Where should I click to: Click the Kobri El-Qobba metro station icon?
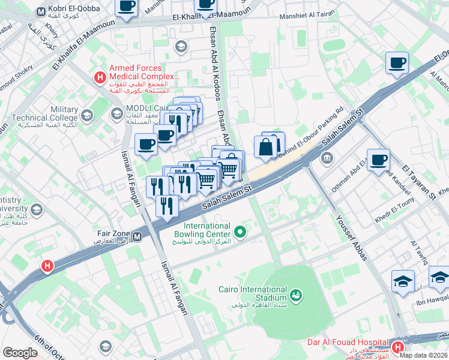[x=41, y=11]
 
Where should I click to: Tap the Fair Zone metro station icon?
[x=137, y=236]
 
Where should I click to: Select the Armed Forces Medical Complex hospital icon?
[x=100, y=77]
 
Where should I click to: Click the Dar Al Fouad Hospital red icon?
[x=397, y=346]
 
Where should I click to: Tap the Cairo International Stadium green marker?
[x=295, y=295]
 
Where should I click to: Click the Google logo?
[x=20, y=353]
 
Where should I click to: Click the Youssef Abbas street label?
[x=351, y=238]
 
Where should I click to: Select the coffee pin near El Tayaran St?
[x=378, y=160]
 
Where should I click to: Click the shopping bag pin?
[x=265, y=146]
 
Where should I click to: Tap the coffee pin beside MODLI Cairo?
[x=147, y=145]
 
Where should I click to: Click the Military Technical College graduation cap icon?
[x=87, y=115]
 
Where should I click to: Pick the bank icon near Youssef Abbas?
[x=327, y=159]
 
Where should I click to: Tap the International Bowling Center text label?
[x=202, y=230]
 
